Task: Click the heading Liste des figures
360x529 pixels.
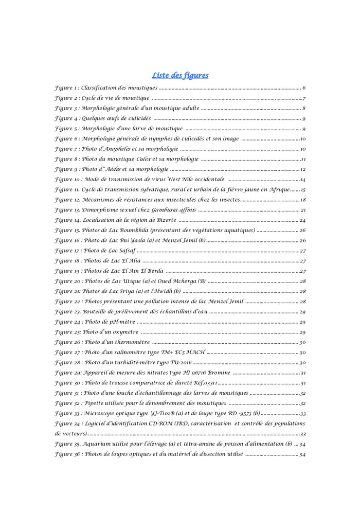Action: [x=180, y=75]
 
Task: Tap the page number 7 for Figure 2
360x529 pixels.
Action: [x=304, y=98]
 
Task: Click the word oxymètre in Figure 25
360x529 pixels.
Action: [x=123, y=332]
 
